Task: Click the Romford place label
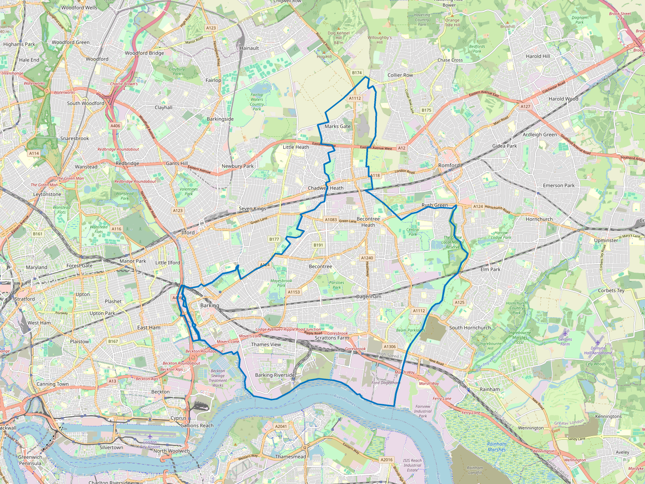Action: [x=449, y=165]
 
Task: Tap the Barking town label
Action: [x=210, y=305]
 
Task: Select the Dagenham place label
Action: [x=368, y=296]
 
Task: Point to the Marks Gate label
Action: [x=337, y=126]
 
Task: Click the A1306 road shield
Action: [x=389, y=346]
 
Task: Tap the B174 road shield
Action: [x=357, y=73]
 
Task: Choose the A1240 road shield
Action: [x=367, y=258]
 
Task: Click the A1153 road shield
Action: [x=294, y=292]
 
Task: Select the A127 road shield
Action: [x=525, y=106]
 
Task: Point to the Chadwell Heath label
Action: [x=326, y=188]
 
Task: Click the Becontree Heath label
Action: [x=368, y=222]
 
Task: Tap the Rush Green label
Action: [x=435, y=205]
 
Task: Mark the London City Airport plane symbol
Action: [x=150, y=436]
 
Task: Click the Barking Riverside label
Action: [x=275, y=375]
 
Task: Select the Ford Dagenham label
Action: [x=385, y=383]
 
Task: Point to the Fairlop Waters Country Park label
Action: [x=257, y=102]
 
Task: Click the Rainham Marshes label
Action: [x=497, y=446]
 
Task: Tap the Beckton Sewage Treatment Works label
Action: [x=218, y=378]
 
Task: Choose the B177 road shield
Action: [x=274, y=239]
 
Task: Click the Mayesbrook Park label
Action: [x=281, y=283]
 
